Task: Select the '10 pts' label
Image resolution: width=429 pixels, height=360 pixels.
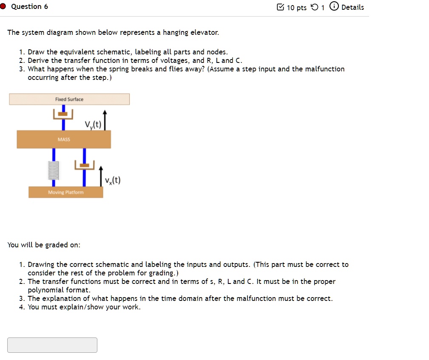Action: point(296,8)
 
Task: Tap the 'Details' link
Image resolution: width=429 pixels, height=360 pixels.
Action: point(352,7)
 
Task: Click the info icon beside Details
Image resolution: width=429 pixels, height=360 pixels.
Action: point(334,7)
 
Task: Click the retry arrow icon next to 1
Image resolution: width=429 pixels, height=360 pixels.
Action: point(314,7)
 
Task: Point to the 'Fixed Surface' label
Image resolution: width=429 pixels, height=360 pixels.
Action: point(69,99)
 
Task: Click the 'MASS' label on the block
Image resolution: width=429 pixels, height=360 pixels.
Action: point(64,139)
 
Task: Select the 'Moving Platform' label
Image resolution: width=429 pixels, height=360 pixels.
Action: point(65,193)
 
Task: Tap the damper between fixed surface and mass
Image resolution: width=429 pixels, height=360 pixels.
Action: point(63,114)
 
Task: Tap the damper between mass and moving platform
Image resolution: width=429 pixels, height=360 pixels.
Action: point(84,165)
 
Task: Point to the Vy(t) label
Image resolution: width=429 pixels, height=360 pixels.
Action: point(92,125)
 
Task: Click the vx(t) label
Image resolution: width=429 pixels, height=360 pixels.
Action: point(113,180)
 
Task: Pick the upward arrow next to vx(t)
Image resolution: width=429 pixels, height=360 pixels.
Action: point(101,175)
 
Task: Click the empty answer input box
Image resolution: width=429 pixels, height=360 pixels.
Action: point(52,345)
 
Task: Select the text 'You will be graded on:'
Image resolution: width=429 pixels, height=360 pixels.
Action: point(44,245)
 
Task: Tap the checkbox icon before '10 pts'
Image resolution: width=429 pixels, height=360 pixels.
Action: point(280,7)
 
